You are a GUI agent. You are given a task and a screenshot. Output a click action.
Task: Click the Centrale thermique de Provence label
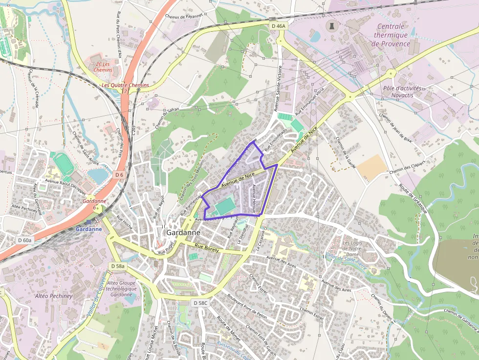click(x=391, y=35)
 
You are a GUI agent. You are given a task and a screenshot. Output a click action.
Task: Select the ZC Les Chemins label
click(x=104, y=67)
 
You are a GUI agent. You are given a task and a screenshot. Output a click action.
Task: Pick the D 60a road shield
click(x=24, y=240)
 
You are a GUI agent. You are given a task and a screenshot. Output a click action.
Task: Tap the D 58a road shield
click(x=118, y=266)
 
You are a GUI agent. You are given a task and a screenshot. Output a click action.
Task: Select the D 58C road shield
click(x=200, y=303)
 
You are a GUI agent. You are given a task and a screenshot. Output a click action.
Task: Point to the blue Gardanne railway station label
click(x=88, y=229)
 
